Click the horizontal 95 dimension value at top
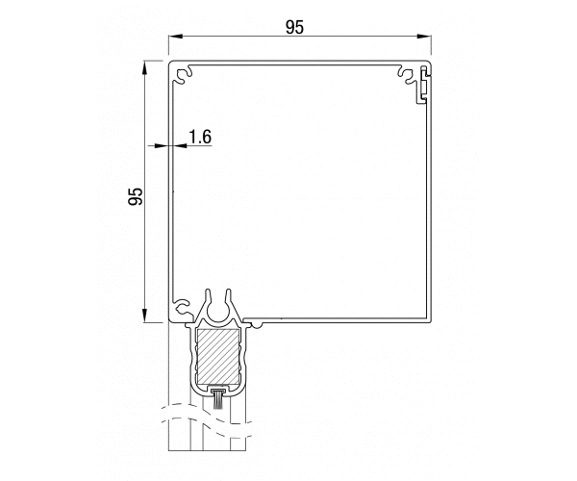[x=295, y=27]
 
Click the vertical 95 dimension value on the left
[x=136, y=196]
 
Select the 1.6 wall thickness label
[x=200, y=137]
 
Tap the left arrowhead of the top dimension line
[x=176, y=36]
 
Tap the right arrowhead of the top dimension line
[x=424, y=36]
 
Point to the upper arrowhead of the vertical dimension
[x=145, y=68]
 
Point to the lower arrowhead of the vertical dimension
[x=145, y=315]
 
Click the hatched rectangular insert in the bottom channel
[x=218, y=356]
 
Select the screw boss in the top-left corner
[x=183, y=75]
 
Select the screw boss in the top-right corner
[x=408, y=75]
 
